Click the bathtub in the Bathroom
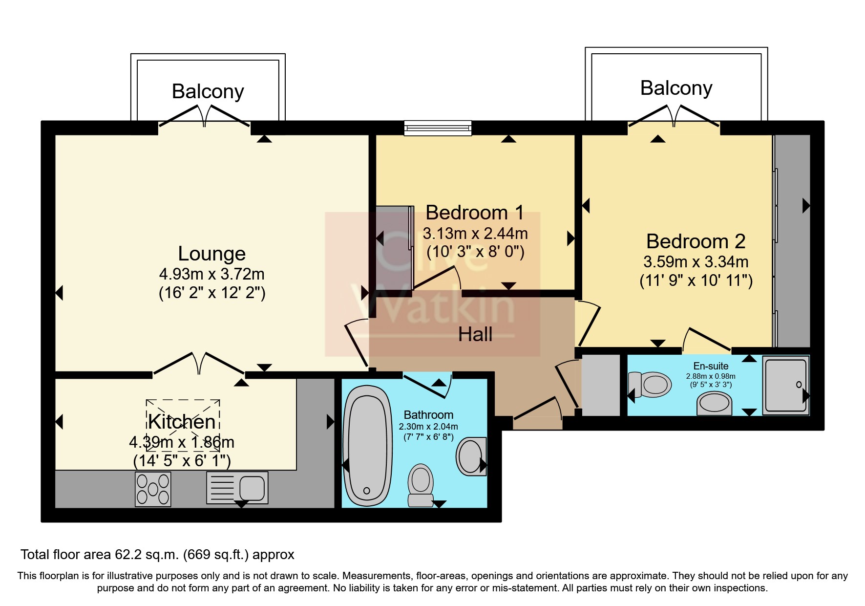coord(368,446)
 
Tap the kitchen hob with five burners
coord(153,489)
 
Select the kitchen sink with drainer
coord(237,488)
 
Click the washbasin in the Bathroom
coord(471,456)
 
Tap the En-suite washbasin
coord(714,404)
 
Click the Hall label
coord(475,334)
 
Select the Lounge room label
coord(211,254)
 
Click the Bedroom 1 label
coord(475,213)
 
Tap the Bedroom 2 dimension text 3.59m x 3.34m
coord(696,262)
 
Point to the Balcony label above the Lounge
coord(208,91)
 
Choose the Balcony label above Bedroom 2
coord(676,88)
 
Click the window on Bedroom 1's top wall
coord(438,128)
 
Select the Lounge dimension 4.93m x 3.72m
coord(212,274)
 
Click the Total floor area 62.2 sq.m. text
coord(157,555)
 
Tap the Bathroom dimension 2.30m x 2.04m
coord(428,427)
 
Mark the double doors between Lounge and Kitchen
coord(199,364)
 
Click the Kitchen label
coord(182,421)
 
